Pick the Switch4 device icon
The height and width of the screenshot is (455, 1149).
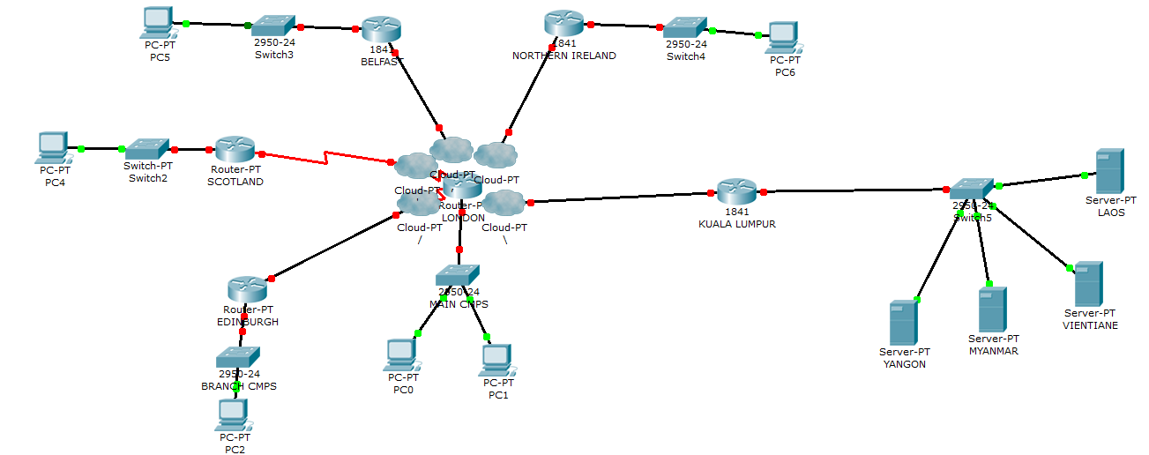685,28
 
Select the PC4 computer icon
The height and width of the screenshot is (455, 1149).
53,146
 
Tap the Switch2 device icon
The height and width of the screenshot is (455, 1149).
146,148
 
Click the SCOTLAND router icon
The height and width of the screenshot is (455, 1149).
235,150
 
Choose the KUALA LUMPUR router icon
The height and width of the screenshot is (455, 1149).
736,191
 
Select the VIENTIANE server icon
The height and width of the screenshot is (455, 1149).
1088,284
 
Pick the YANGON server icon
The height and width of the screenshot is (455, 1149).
904,323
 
